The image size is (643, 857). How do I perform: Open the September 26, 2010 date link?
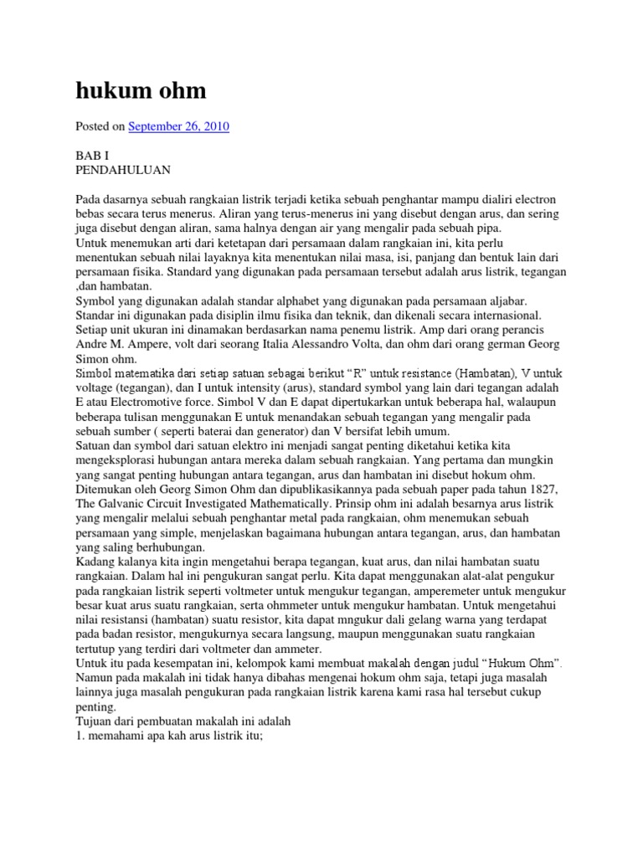178,126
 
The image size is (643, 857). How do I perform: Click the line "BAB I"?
91,155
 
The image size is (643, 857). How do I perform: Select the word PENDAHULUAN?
122,170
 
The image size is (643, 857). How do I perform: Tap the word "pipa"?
508,228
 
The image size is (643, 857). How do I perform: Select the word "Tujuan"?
96,719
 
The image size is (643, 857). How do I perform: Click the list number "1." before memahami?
80,734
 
